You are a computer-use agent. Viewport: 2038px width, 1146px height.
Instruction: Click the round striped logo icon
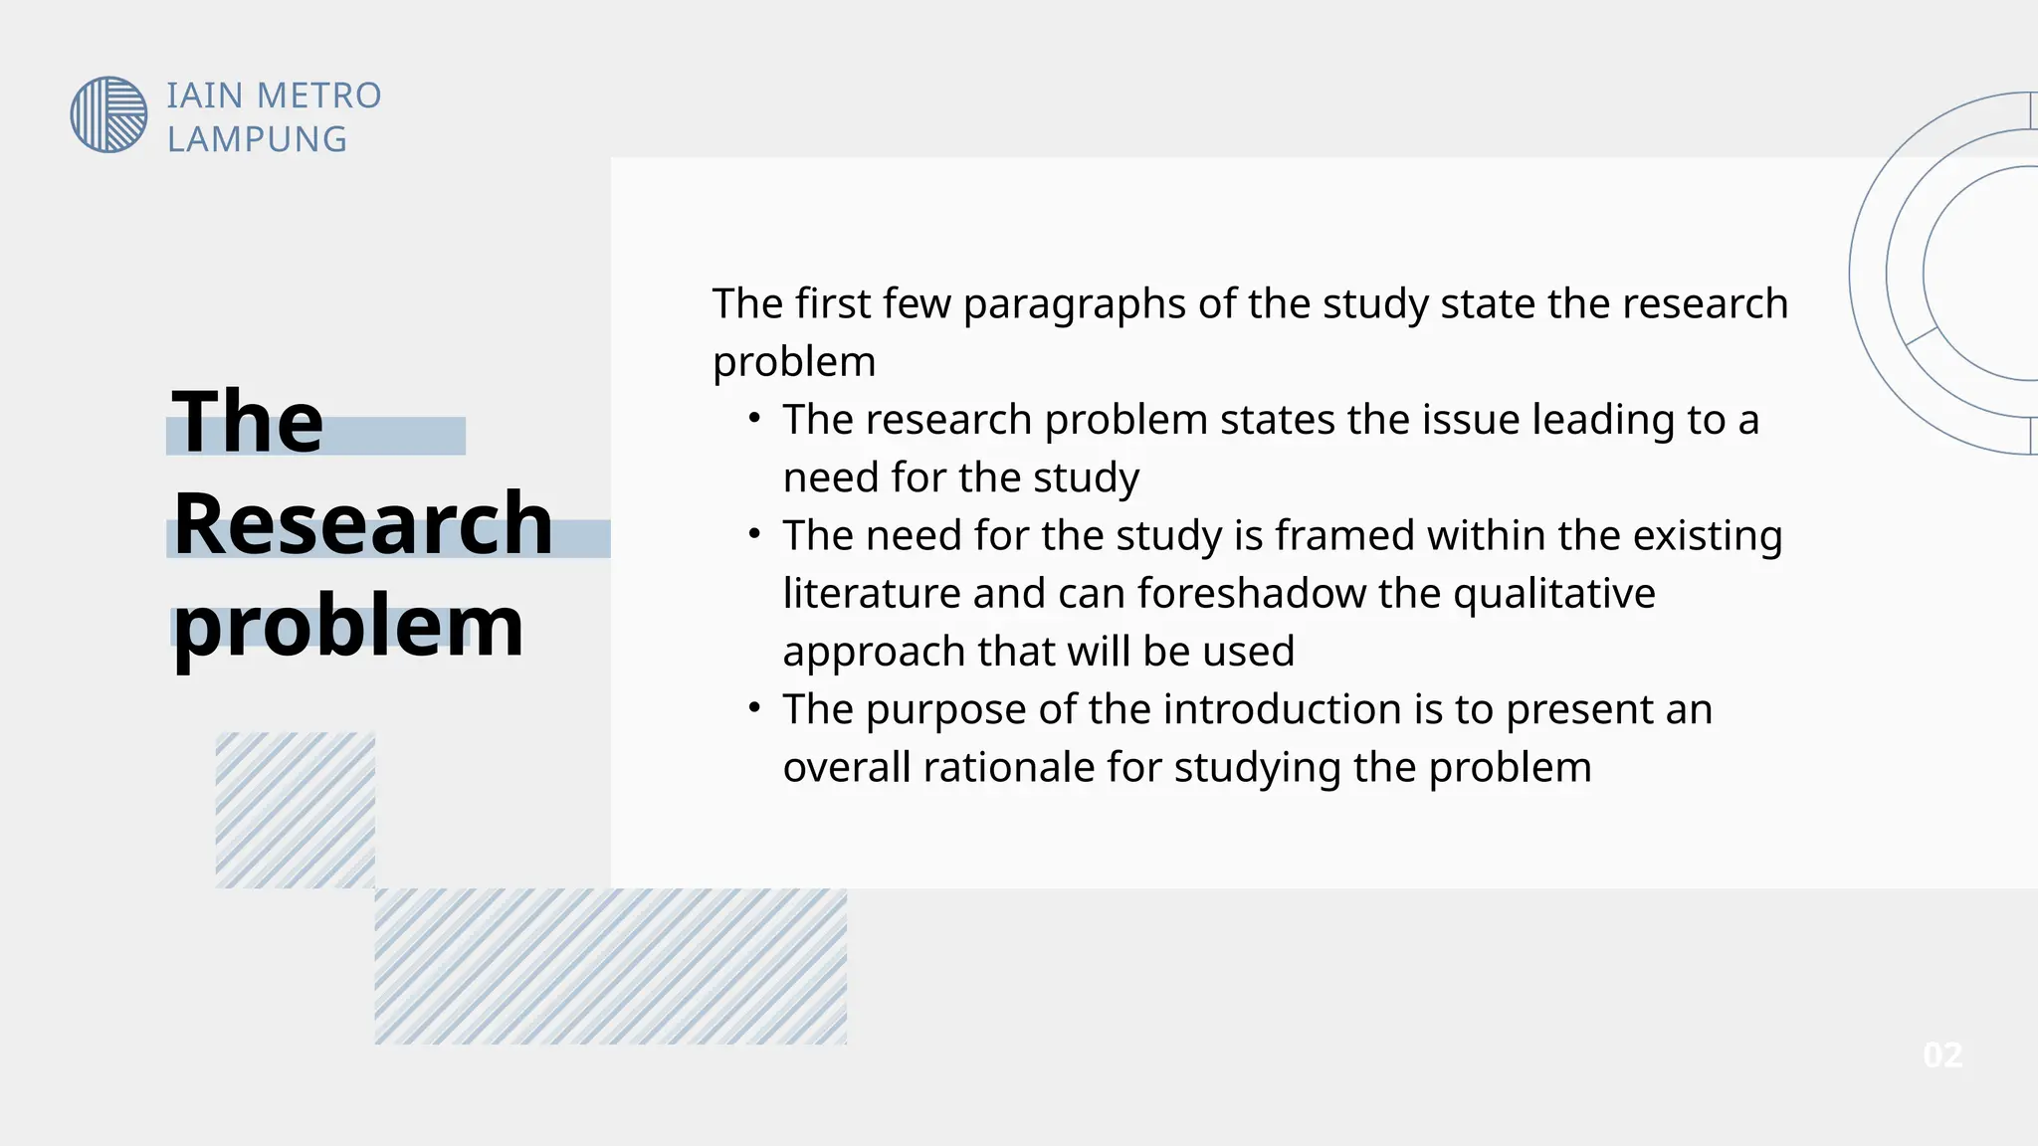coord(108,114)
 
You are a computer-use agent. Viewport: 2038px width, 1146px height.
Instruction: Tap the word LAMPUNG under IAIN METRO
coord(257,140)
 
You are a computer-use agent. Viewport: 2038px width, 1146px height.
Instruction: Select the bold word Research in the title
coord(362,523)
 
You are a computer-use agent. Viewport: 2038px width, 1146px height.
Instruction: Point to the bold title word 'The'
coord(248,422)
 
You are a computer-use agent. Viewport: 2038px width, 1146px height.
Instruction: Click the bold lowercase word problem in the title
coord(348,628)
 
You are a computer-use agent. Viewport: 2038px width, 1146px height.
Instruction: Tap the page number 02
coord(1941,1055)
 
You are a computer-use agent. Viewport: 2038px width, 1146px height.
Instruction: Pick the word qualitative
coord(1553,594)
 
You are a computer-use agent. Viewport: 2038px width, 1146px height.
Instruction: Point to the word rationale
coord(1008,768)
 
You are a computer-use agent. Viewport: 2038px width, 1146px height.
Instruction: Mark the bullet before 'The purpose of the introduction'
coord(755,708)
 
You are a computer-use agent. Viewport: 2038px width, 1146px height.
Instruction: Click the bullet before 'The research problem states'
coord(755,419)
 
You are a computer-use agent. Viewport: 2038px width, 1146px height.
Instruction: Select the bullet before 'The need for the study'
coord(755,534)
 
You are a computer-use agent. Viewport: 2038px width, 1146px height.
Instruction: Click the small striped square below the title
coord(296,810)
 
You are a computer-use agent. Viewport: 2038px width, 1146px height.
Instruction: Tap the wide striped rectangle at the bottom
coord(610,966)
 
